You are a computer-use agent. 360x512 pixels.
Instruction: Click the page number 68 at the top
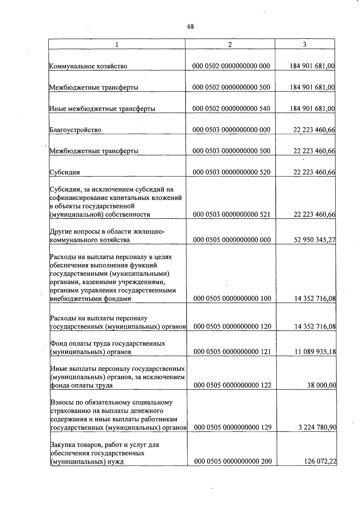(190, 27)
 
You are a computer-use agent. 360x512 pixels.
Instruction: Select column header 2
(230, 44)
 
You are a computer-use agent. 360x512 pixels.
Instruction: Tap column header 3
(304, 44)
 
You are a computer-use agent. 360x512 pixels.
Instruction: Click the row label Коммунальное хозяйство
(88, 66)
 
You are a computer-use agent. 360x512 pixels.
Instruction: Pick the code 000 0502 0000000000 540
(231, 109)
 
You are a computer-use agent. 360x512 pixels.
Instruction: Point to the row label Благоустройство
(75, 130)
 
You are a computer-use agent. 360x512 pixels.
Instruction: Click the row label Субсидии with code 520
(65, 172)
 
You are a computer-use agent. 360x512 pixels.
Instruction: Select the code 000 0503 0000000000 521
(232, 214)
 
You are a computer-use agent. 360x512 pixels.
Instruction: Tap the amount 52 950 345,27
(314, 240)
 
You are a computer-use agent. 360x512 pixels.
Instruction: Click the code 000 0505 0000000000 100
(232, 299)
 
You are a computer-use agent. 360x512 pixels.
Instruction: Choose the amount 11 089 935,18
(315, 352)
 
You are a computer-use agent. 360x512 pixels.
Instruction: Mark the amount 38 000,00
(321, 385)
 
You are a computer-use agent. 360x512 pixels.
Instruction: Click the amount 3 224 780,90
(317, 427)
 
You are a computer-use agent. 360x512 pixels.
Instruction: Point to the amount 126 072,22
(320, 461)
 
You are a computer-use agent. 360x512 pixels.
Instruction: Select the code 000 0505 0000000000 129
(232, 427)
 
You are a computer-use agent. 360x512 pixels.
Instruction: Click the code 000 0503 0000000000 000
(231, 130)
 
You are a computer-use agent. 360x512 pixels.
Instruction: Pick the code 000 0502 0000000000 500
(231, 87)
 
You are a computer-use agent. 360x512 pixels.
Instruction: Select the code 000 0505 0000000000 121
(232, 352)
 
